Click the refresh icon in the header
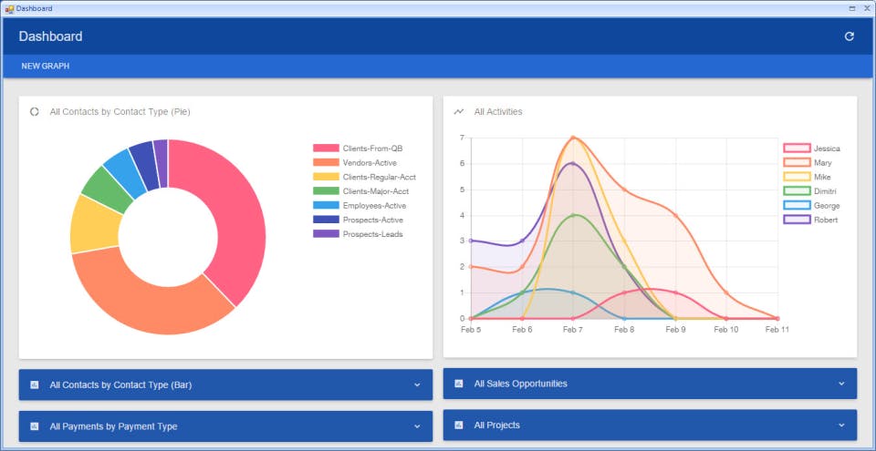(850, 36)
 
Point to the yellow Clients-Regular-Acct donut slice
(94, 222)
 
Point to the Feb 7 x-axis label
(572, 330)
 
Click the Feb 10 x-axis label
(726, 330)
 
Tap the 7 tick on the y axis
(462, 138)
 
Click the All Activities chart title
(498, 112)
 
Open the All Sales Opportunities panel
(650, 384)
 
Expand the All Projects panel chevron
(841, 425)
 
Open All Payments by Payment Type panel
(225, 426)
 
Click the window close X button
(867, 7)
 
